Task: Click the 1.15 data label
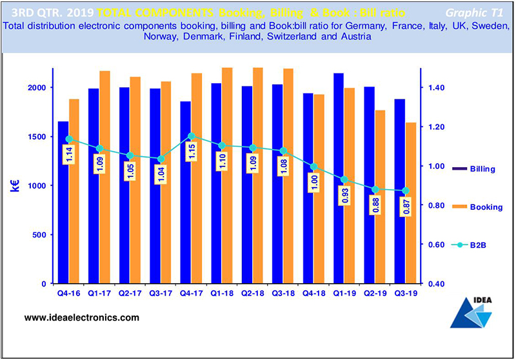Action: pyautogui.click(x=191, y=152)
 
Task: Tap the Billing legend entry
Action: pyautogui.click(x=488, y=169)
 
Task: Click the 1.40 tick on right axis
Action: pyautogui.click(x=436, y=87)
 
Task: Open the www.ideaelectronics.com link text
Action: pyautogui.click(x=81, y=318)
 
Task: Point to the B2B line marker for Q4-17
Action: pyautogui.click(x=191, y=136)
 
